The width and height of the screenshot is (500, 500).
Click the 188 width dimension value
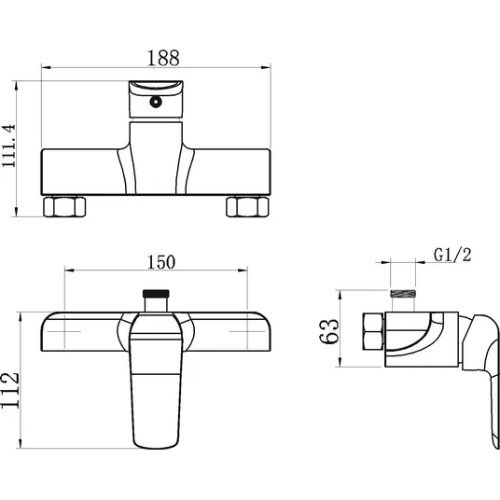click(163, 58)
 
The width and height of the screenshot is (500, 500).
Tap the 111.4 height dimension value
click(8, 146)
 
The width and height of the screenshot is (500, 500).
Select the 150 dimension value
click(161, 262)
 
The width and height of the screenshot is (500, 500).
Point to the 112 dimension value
click(10, 390)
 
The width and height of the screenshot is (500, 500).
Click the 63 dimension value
click(329, 331)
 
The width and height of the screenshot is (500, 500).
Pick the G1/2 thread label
click(452, 255)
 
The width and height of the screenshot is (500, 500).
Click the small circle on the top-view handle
click(156, 102)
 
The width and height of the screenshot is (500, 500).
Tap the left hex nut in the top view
click(64, 207)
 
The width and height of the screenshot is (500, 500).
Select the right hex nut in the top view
click(247, 207)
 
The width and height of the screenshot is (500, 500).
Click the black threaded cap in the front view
click(156, 293)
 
